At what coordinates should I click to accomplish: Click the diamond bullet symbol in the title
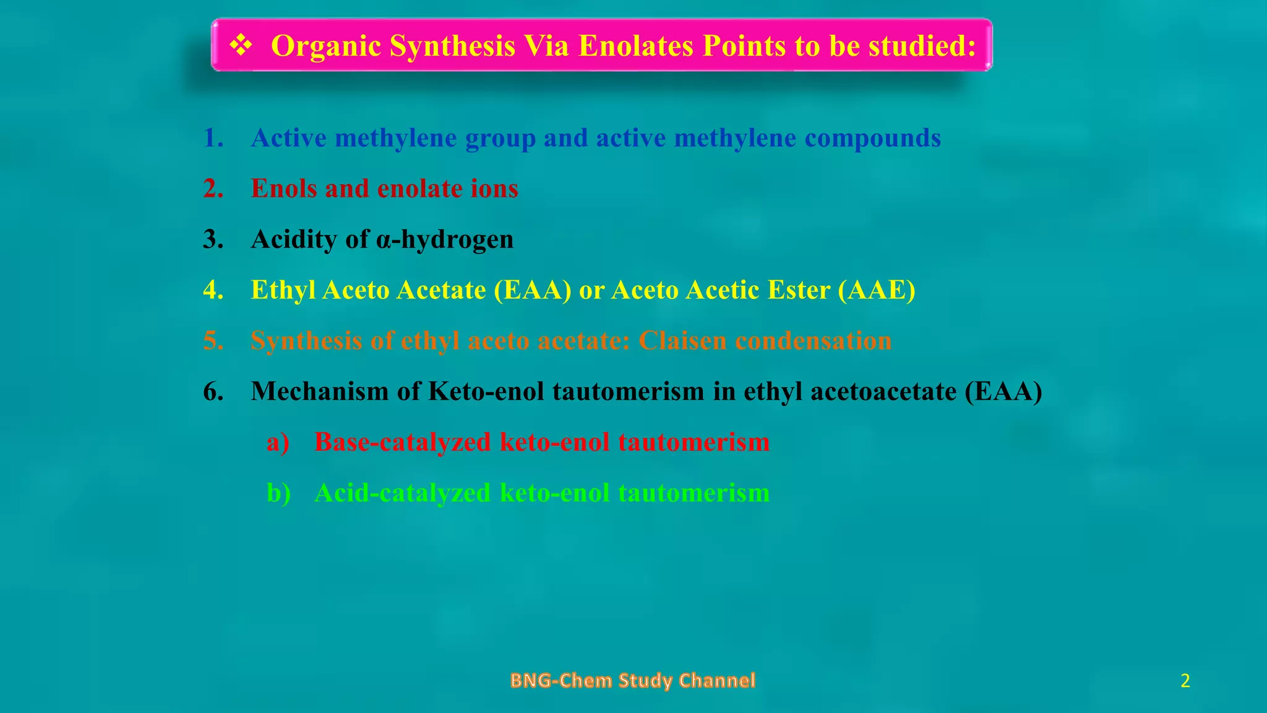[x=240, y=46]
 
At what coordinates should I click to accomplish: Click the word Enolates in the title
[x=635, y=46]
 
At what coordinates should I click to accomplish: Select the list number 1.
[x=213, y=138]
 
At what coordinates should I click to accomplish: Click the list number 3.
[x=213, y=240]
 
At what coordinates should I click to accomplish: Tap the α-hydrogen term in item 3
[x=444, y=240]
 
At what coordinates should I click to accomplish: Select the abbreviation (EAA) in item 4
[x=533, y=290]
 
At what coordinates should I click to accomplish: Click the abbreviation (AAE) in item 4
[x=877, y=290]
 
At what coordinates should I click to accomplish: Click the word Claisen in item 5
[x=682, y=341]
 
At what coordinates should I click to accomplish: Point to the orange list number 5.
[x=213, y=341]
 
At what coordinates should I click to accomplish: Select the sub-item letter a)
[x=278, y=443]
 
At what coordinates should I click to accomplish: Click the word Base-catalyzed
[x=402, y=443]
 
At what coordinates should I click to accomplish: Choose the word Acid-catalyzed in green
[x=402, y=493]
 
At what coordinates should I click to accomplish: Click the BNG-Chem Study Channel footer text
[x=633, y=681]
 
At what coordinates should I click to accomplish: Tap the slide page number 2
[x=1185, y=681]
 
